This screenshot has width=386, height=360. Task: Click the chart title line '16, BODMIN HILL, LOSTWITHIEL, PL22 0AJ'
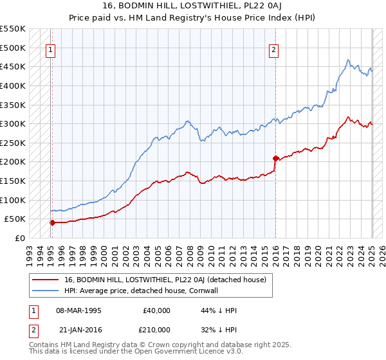coord(192,5)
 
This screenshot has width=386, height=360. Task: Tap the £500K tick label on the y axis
coord(13,48)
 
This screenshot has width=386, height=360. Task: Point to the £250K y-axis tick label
coord(13,143)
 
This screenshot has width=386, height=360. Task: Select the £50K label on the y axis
coord(15,219)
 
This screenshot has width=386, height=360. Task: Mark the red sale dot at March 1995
coord(51,222)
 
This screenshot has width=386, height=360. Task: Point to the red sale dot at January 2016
coord(275,157)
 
